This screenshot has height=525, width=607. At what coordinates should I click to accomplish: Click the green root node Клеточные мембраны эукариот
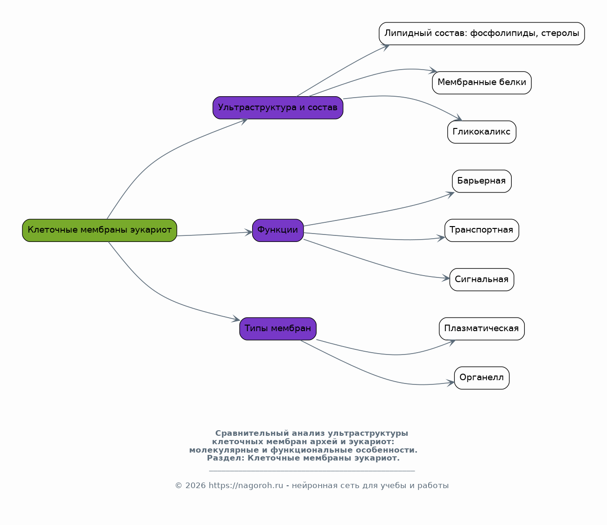[x=99, y=230]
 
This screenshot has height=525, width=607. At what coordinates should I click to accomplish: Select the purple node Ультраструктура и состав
[x=278, y=107]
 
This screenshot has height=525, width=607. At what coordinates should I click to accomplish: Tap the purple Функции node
[x=278, y=230]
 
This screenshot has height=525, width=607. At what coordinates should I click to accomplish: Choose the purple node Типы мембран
[x=278, y=329]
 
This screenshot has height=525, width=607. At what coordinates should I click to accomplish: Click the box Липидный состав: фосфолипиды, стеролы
[x=481, y=34]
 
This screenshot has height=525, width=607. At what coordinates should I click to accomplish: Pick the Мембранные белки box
[x=481, y=83]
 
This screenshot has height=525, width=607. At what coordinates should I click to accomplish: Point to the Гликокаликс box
[x=481, y=132]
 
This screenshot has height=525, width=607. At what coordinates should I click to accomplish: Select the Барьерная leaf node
[x=481, y=181]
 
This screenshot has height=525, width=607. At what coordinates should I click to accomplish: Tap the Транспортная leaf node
[x=481, y=230]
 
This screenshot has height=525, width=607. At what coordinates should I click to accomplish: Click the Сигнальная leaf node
[x=481, y=280]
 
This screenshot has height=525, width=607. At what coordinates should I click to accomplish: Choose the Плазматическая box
[x=481, y=329]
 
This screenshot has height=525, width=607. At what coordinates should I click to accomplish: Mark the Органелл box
[x=481, y=378]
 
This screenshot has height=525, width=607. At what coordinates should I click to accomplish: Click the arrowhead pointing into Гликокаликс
[x=458, y=118]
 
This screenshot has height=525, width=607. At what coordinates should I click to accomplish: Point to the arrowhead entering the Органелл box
[x=451, y=383]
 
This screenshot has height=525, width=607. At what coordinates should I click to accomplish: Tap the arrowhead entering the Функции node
[x=248, y=232]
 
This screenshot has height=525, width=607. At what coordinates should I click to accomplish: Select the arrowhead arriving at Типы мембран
[x=236, y=319]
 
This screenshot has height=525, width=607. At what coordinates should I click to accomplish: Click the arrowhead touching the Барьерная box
[x=450, y=194]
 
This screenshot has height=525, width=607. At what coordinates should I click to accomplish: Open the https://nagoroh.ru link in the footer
[x=246, y=486]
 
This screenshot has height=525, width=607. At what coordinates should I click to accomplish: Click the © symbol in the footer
[x=178, y=486]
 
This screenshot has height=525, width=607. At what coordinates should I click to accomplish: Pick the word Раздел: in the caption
[x=226, y=458]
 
